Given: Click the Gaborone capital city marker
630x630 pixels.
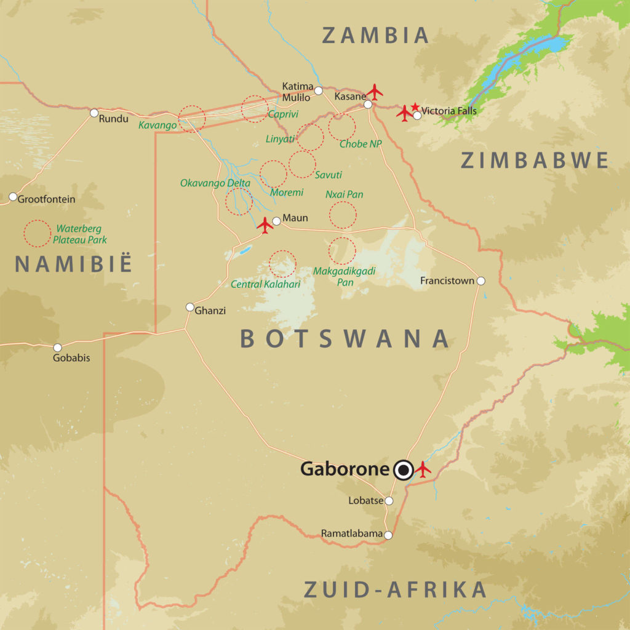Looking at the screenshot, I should coord(404,471).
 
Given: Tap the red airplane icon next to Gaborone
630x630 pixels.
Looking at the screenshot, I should coord(423,469).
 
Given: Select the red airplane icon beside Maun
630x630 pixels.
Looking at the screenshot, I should coord(265,225).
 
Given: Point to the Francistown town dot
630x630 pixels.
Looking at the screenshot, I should coord(480,281).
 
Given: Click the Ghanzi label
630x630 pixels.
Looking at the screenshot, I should coord(210,311).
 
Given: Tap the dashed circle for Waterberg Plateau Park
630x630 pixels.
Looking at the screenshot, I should coord(37,234).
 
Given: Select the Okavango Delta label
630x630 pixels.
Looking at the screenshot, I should coord(215,183).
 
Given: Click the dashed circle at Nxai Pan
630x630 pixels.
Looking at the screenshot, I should coord(343,215).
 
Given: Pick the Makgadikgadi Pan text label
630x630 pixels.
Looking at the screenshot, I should coord(345,276).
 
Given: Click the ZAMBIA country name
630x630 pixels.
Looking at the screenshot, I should coord(376,35).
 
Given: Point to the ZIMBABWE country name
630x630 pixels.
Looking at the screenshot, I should coord(535,161).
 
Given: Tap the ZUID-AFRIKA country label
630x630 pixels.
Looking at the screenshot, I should coord(396,589).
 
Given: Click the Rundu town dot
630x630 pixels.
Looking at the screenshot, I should coord(94,113).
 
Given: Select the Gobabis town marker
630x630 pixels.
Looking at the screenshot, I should coord(57,348).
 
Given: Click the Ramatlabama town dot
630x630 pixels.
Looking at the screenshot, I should coord(388,535).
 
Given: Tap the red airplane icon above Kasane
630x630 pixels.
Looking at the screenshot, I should coord(374,92).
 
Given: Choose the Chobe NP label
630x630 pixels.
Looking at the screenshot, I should coord(361,144).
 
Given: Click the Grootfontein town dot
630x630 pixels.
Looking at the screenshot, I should coord(13,197).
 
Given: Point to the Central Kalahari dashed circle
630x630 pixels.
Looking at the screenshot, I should coord(283,263).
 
